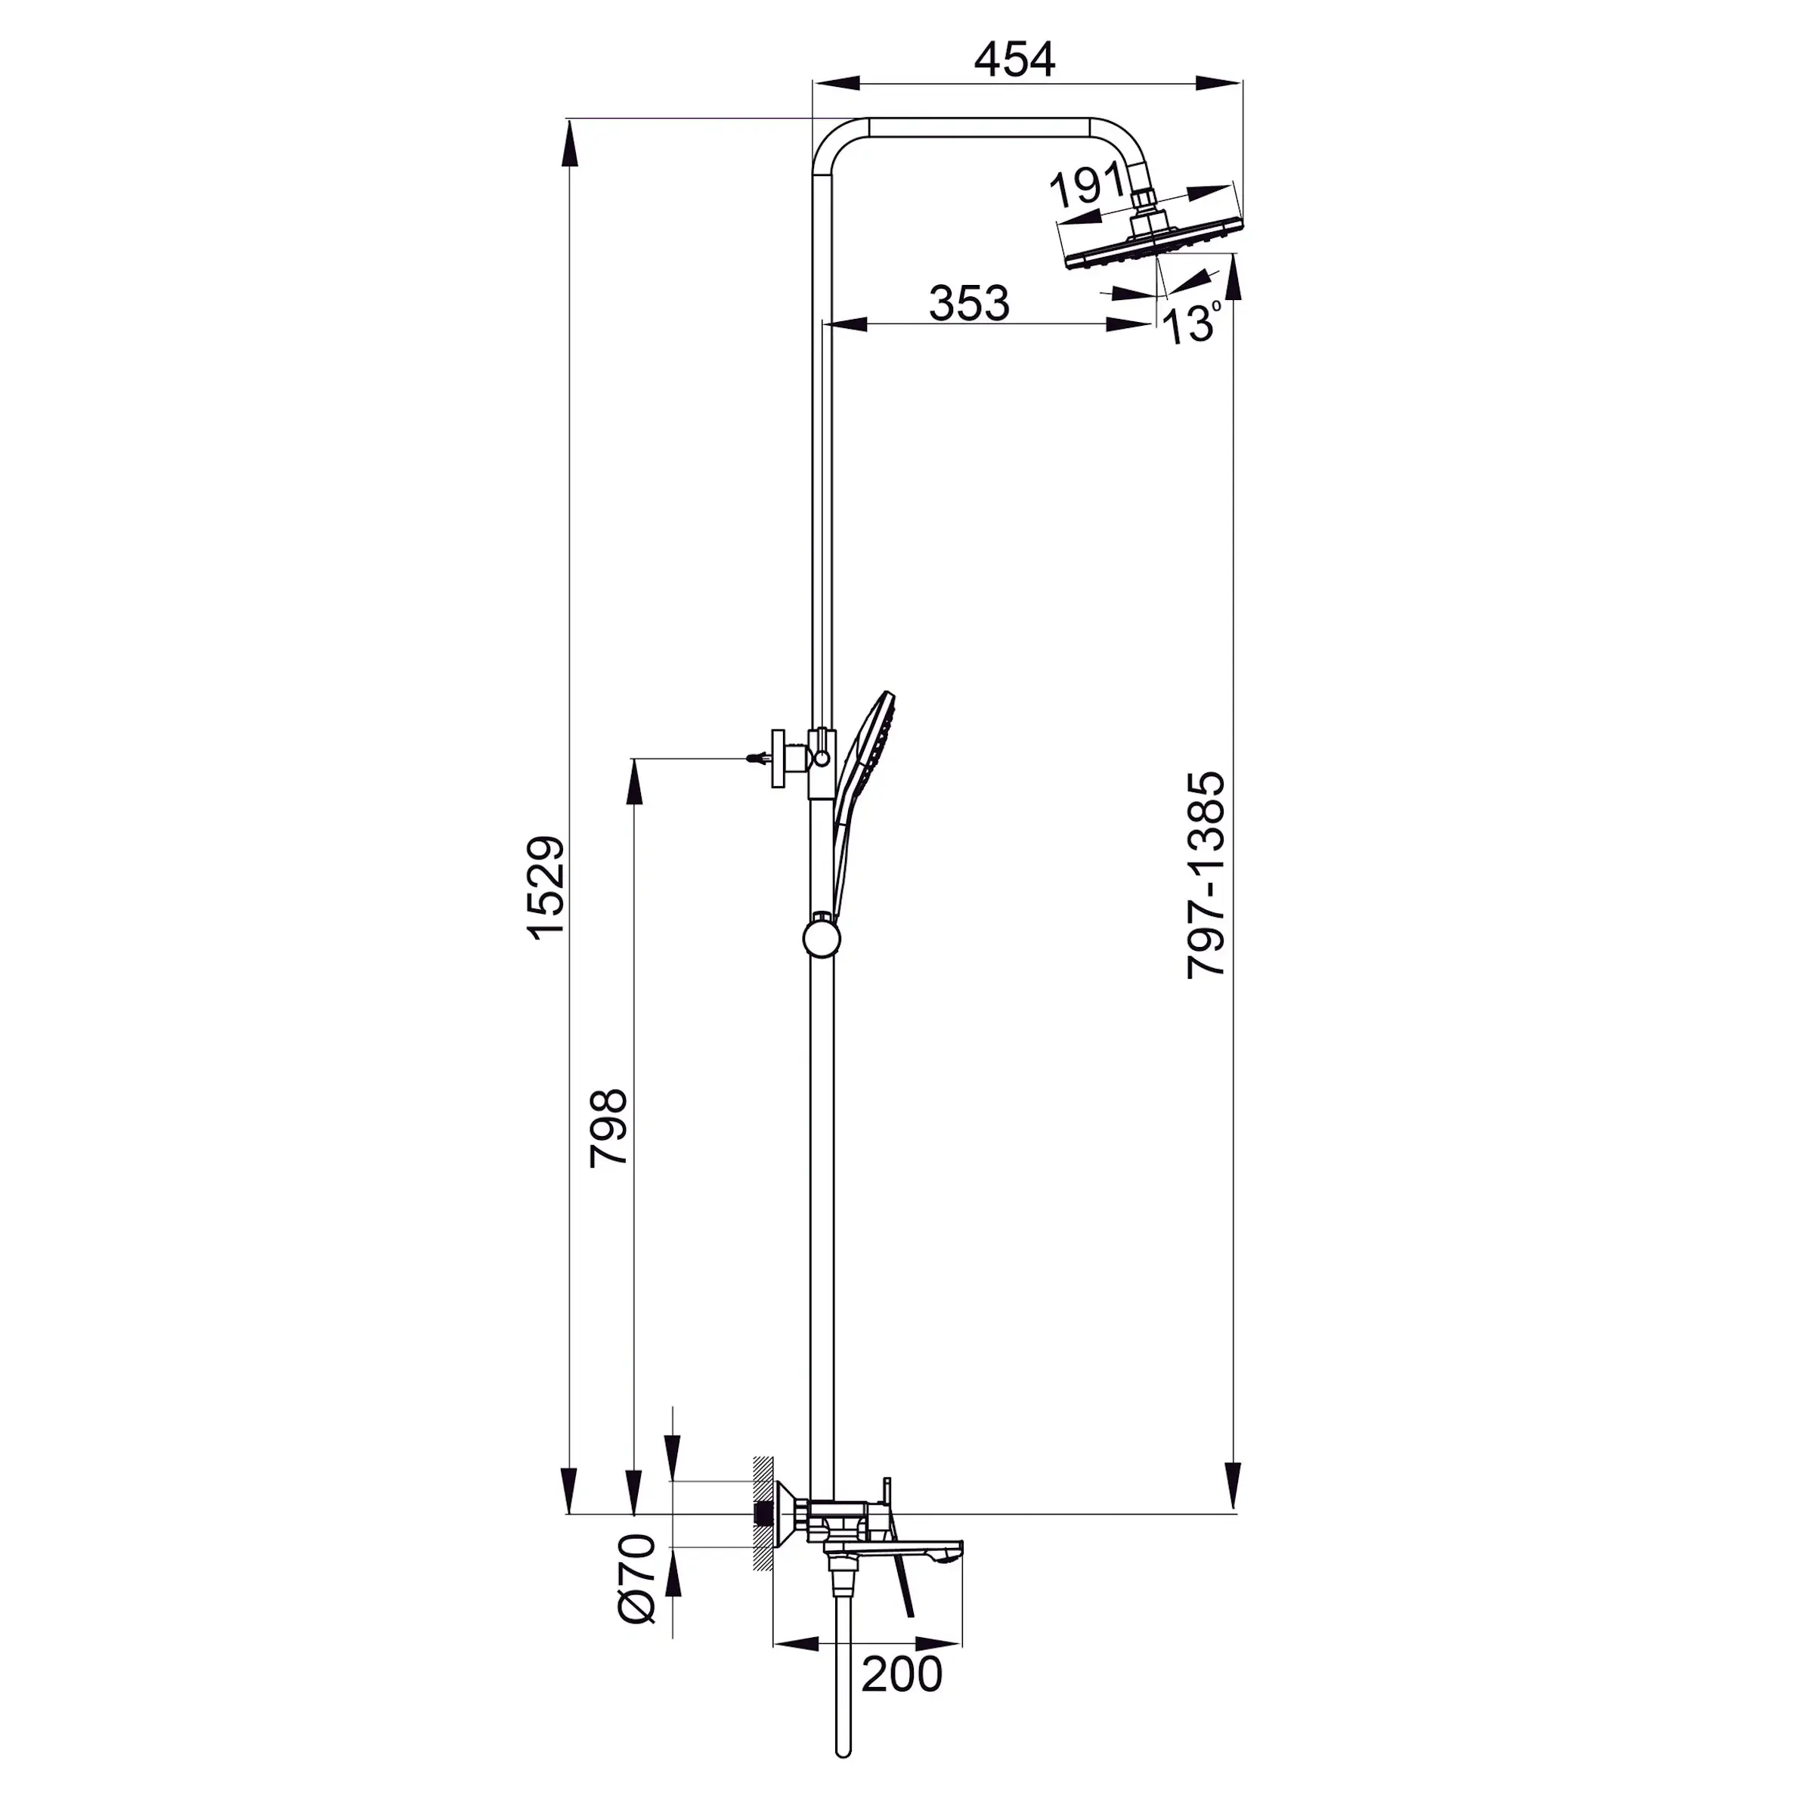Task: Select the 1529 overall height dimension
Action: click(x=546, y=887)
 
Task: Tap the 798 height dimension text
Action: click(x=608, y=1127)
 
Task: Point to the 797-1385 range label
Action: click(x=1206, y=875)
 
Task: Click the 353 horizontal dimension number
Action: click(x=969, y=303)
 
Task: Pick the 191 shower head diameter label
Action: click(x=1085, y=187)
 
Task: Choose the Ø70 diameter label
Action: click(x=637, y=1577)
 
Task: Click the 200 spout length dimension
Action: click(x=902, y=1675)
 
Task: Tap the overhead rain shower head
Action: click(x=1155, y=242)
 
